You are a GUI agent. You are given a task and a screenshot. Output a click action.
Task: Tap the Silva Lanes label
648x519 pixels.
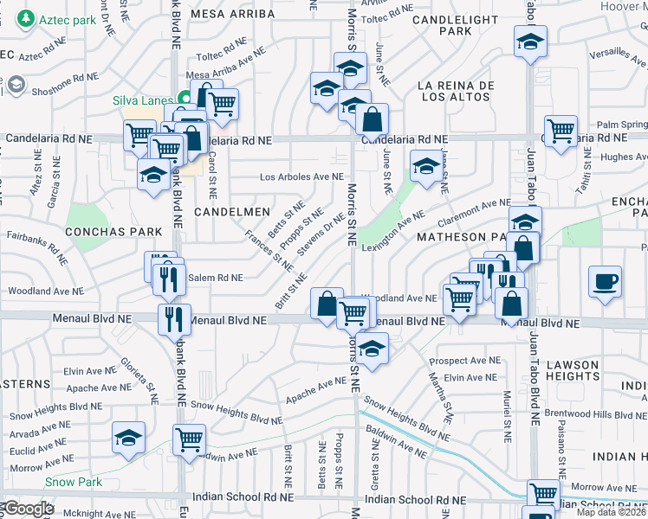[x=143, y=100]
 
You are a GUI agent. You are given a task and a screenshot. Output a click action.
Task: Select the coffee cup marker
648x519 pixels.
[x=605, y=280]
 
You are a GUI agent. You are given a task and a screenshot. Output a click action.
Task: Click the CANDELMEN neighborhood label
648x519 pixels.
[x=227, y=211]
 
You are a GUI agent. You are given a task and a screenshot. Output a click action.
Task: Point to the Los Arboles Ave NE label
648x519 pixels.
[x=302, y=177]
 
